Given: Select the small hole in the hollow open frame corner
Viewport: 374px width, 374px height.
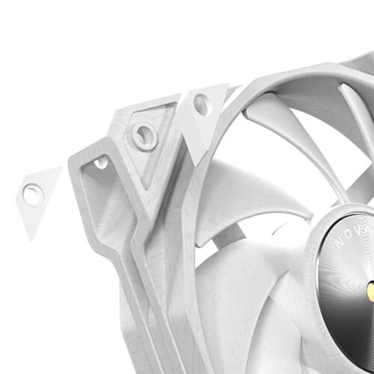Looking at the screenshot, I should pyautogui.click(x=101, y=162).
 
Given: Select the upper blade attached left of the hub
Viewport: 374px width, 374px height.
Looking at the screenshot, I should pyautogui.click(x=252, y=196).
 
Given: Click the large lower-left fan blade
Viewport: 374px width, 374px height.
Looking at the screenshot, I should pyautogui.click(x=243, y=304).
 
